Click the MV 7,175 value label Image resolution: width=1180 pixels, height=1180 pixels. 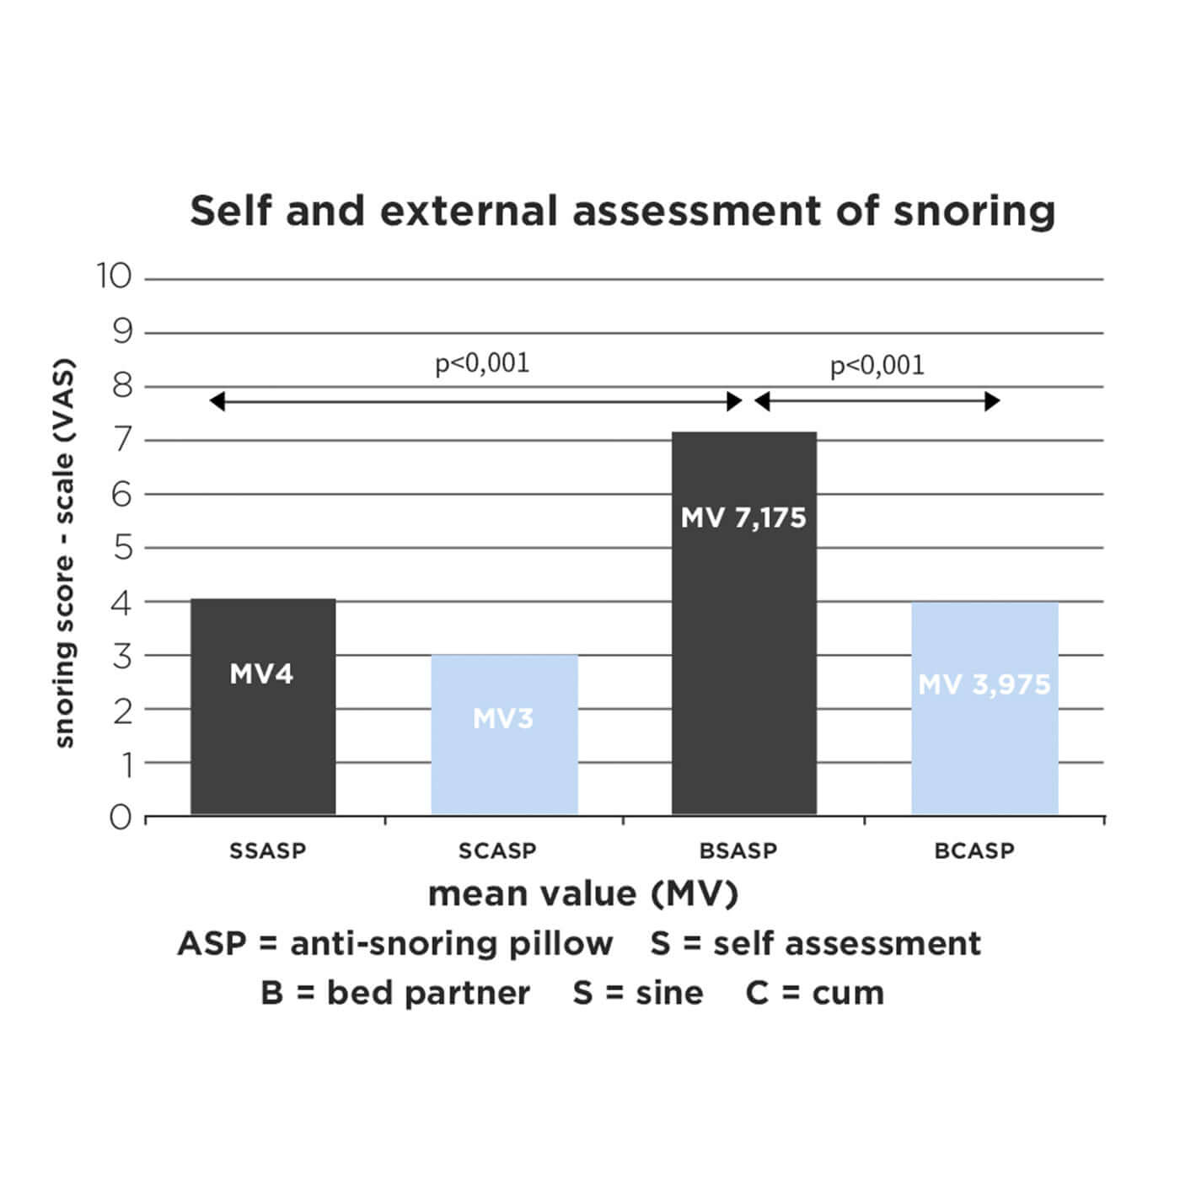(743, 518)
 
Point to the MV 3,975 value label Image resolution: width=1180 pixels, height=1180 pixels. (984, 684)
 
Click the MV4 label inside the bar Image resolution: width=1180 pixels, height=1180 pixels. (261, 674)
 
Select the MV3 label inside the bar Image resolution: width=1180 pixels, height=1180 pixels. (503, 718)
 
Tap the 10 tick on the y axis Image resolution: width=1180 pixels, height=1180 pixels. (114, 276)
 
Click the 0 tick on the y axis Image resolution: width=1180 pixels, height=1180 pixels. (121, 817)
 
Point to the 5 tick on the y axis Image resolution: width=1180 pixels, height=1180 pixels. (123, 548)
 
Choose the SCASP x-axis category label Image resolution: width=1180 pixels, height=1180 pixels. (497, 850)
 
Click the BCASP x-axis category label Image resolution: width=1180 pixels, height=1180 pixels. (974, 850)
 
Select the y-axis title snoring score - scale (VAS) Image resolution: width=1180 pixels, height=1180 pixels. (64, 553)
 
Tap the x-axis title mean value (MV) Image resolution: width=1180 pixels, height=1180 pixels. (583, 893)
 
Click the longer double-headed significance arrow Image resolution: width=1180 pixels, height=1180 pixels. (475, 401)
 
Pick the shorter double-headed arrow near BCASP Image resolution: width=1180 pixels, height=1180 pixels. (877, 401)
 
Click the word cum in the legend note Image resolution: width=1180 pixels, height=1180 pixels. (847, 993)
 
